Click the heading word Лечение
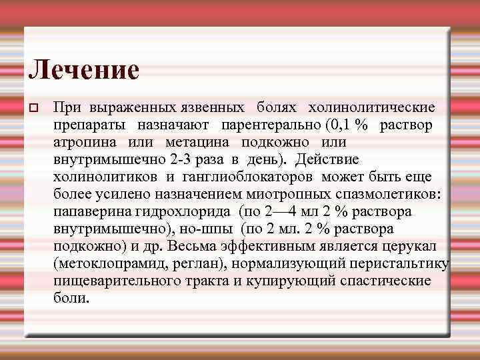click(x=84, y=69)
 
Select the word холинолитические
click(x=371, y=107)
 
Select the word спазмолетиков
click(x=399, y=194)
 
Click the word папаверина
click(x=89, y=211)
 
